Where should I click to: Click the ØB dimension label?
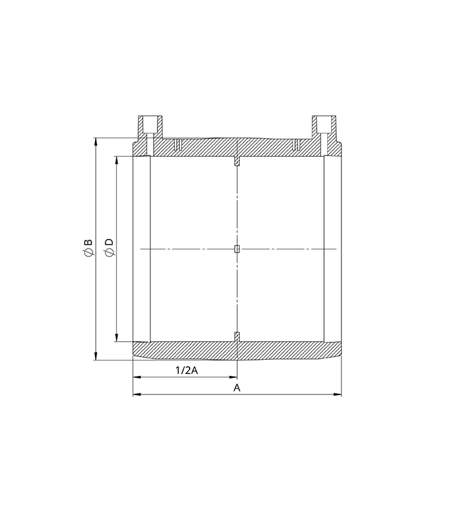pos(88,249)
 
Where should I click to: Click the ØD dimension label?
pos(109,249)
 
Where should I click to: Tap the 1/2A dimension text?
pos(184,370)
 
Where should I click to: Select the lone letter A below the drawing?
pos(237,388)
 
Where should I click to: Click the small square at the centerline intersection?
pos(237,249)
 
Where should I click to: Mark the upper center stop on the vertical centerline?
pos(237,161)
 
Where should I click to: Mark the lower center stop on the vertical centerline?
pos(237,336)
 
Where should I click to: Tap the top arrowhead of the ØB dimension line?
pos(96,140)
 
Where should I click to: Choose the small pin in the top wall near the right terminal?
pos(296,143)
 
